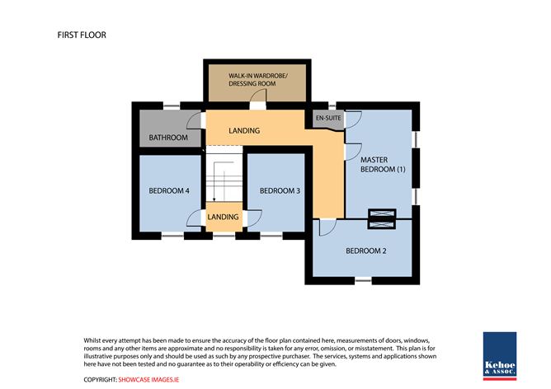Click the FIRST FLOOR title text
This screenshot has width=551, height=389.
pos(82,35)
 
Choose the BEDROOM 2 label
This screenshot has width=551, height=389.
pos(366,251)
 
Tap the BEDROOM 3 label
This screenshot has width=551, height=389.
pos(280,190)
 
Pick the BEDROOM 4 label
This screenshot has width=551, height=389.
pos(169,190)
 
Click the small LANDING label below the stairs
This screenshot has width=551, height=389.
pos(223,217)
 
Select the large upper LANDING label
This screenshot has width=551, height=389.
pos(244,131)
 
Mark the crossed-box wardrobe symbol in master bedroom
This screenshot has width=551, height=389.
pos(381,217)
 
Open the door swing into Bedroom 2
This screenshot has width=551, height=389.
pos(327,228)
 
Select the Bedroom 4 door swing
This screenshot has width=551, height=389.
pos(195,217)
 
